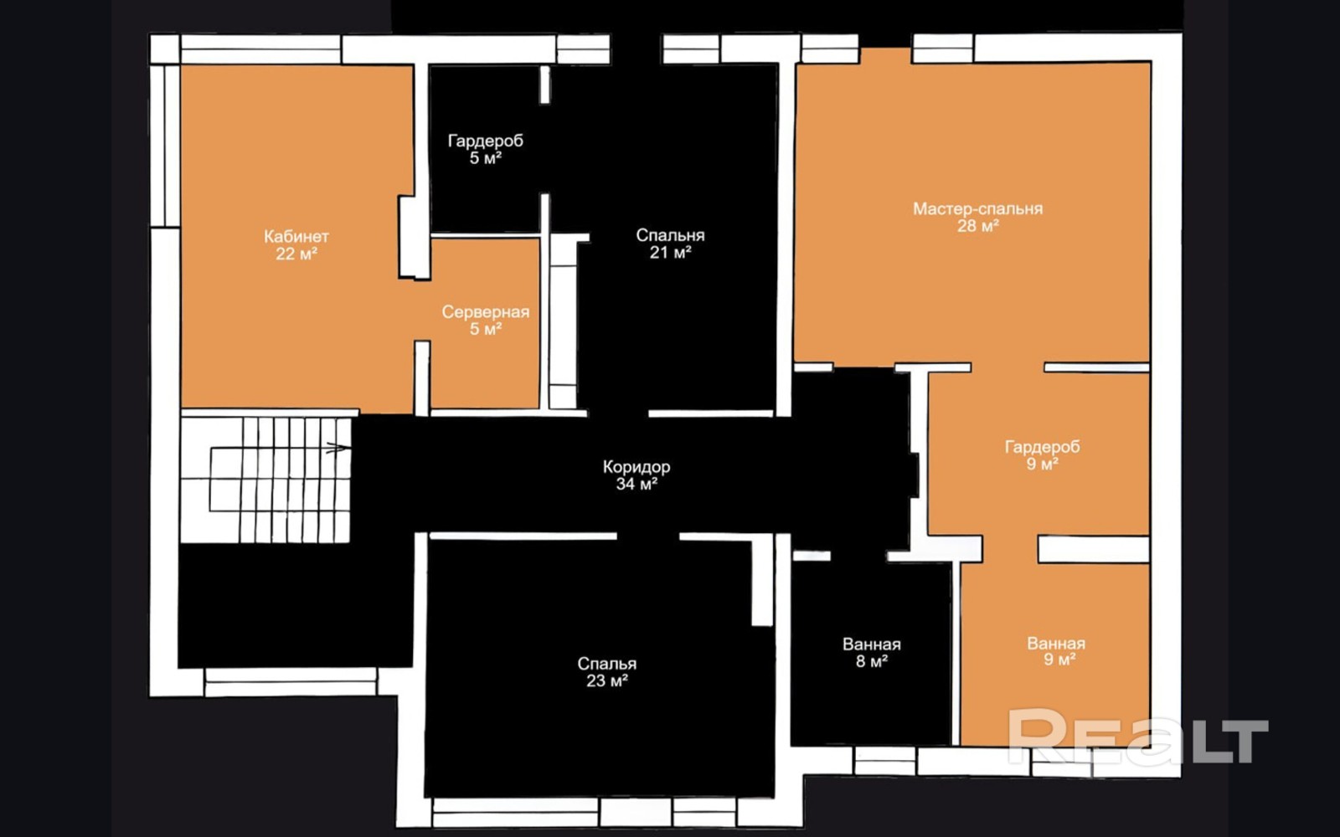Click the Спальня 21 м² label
click(x=670, y=244)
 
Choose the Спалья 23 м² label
click(x=606, y=672)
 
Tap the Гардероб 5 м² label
click(x=485, y=150)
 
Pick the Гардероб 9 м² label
click(x=1042, y=455)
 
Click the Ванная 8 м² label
click(x=872, y=652)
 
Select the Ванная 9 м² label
click(x=1056, y=651)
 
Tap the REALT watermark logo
click(x=1138, y=736)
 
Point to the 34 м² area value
click(x=636, y=484)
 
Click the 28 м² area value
click(x=977, y=226)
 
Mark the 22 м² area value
click(x=296, y=254)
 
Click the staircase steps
click(x=265, y=480)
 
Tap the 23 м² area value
click(x=606, y=681)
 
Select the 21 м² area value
click(x=670, y=252)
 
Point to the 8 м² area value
click(x=872, y=661)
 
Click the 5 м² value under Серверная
click(x=486, y=329)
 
